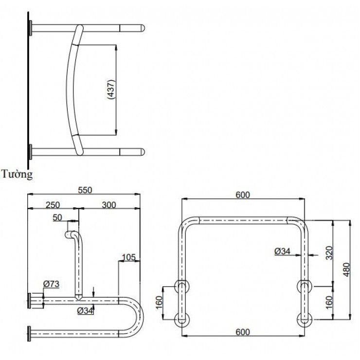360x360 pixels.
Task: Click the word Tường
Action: pos(17,174)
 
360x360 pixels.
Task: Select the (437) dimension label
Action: pos(111,90)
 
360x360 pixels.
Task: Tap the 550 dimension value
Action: pos(85,190)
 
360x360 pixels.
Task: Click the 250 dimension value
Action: pos(53,205)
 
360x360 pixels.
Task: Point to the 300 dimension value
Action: pos(109,205)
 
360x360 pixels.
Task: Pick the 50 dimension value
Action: pos(57,217)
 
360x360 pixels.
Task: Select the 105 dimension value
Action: pos(128,257)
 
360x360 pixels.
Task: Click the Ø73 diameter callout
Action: pos(51,284)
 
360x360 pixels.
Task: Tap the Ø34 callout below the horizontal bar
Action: pos(85,311)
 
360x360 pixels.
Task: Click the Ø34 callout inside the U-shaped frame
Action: pos(282,251)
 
